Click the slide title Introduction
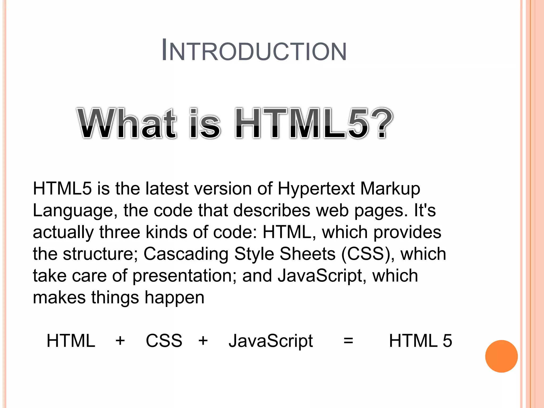click(254, 50)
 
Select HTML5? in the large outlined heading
click(313, 123)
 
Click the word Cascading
click(186, 254)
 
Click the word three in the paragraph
click(120, 232)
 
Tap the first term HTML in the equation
click(71, 341)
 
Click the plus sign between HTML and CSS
click(120, 341)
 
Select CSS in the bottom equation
click(164, 341)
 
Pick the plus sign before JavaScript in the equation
click(203, 341)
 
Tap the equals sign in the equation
click(348, 341)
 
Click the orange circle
click(501, 356)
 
